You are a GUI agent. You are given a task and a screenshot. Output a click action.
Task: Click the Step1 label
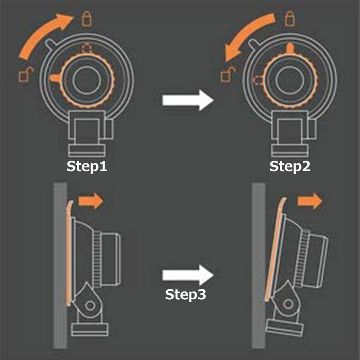click(x=87, y=166)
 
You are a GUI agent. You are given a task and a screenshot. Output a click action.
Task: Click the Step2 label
click(x=290, y=166)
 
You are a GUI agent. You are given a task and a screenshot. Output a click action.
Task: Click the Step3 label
click(x=185, y=294)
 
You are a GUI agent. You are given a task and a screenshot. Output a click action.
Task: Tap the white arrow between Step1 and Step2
click(x=188, y=100)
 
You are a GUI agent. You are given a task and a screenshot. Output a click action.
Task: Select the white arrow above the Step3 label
click(x=188, y=275)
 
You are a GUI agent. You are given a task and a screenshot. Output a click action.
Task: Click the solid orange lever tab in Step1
click(x=55, y=78)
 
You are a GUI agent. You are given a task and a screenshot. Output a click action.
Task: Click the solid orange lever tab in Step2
click(x=290, y=49)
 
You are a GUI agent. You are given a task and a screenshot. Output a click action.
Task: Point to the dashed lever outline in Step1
click(x=86, y=49)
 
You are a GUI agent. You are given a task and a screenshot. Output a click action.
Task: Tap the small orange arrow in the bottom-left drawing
click(x=91, y=201)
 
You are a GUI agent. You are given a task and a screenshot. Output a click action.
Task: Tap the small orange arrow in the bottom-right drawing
click(x=310, y=201)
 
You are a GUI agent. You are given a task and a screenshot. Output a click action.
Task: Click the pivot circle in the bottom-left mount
click(x=90, y=306)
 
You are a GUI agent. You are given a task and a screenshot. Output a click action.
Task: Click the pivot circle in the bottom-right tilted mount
click(x=288, y=305)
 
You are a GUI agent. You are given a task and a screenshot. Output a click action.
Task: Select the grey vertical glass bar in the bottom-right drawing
click(x=259, y=265)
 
